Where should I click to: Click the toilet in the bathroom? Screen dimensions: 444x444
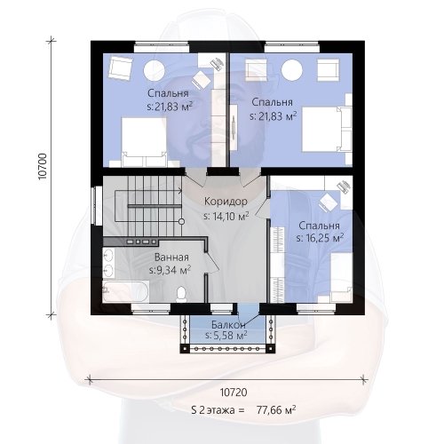(181, 294)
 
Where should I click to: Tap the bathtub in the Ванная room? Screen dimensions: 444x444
(125, 291)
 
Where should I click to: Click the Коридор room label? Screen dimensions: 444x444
(226, 202)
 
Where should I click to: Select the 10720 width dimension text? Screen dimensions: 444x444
(234, 392)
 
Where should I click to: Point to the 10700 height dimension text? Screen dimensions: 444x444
(43, 166)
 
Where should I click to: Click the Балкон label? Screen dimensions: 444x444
(228, 325)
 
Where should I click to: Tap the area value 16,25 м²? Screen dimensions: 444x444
(321, 238)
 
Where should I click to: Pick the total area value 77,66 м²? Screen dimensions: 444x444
(276, 410)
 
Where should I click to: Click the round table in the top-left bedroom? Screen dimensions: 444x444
(154, 70)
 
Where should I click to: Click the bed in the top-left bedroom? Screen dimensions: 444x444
(145, 142)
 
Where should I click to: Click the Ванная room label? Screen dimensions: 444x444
(171, 258)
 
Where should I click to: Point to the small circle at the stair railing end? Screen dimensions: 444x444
(182, 221)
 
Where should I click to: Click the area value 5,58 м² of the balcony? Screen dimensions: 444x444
(226, 336)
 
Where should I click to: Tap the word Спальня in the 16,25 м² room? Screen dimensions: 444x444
(319, 226)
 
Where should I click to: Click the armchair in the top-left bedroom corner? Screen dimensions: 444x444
(120, 69)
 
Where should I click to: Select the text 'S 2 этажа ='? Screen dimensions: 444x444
(218, 410)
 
